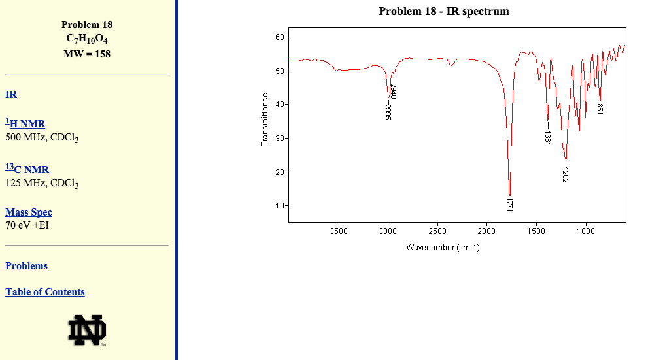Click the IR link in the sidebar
coord(11,95)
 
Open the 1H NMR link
coord(25,124)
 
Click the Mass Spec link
coord(29,212)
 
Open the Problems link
coord(26,266)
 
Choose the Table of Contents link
coord(45,292)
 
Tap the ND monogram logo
coord(87,330)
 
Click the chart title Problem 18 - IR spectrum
coord(443,11)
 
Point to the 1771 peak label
coord(509,203)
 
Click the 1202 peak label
coord(565,174)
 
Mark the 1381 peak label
coord(548,137)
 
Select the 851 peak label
coord(600,109)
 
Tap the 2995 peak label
coord(388,112)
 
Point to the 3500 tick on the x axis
coord(339,231)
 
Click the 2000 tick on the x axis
coord(486,231)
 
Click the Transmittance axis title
coord(265,120)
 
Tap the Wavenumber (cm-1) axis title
coord(443,248)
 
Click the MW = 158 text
coord(87,54)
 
